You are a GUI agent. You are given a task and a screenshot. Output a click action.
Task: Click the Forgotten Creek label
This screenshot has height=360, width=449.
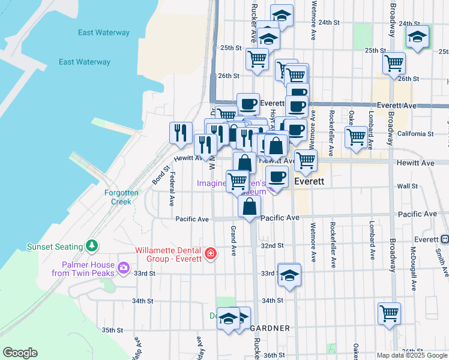tap(121, 197)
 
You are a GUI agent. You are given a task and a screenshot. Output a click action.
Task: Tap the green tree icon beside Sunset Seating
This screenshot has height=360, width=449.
tap(91, 245)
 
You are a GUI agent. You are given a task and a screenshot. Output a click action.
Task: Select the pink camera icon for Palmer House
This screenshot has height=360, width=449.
tap(124, 267)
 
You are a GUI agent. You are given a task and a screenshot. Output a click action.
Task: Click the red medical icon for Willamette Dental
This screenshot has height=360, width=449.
tap(210, 254)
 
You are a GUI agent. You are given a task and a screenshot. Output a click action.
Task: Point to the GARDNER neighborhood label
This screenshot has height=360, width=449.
tap(270, 328)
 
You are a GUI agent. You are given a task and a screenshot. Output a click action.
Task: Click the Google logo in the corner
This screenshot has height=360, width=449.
tap(20, 353)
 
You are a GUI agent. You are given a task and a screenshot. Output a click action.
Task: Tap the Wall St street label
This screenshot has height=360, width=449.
tap(407, 186)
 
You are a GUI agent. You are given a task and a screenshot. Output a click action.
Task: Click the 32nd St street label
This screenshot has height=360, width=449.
tap(272, 245)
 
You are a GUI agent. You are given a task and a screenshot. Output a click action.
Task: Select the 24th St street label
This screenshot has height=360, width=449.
tap(329, 22)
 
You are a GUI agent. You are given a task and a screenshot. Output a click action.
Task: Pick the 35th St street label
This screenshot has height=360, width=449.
tap(112, 330)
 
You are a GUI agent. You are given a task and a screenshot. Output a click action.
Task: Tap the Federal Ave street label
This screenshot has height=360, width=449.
tap(172, 187)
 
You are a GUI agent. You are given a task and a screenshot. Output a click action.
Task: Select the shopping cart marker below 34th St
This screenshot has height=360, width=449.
tap(389, 312)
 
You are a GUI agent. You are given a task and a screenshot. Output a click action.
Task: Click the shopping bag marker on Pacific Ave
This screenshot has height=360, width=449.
tap(249, 205)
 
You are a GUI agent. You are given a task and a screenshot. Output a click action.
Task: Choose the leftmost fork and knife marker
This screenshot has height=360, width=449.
tap(181, 133)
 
